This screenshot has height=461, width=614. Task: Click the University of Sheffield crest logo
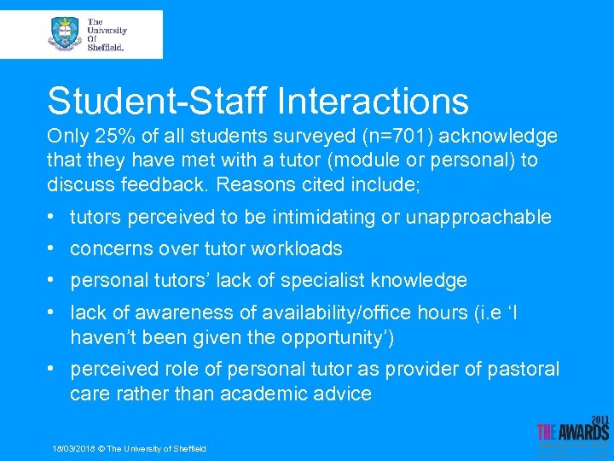[65, 33]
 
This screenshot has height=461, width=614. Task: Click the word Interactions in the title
[373, 101]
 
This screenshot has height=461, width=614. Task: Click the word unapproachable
[478, 217]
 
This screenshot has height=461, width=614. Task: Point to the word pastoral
[519, 369]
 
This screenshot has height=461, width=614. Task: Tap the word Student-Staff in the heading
[157, 101]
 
